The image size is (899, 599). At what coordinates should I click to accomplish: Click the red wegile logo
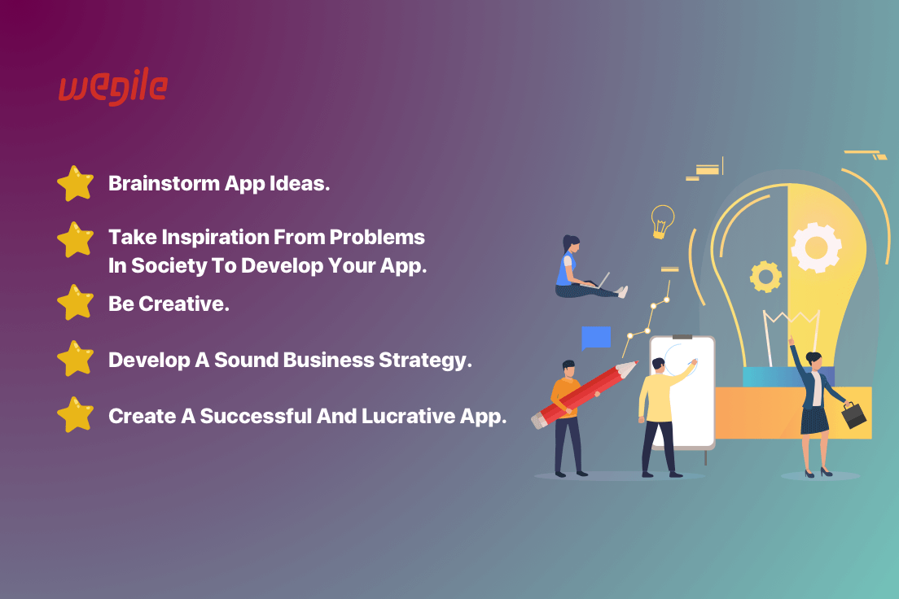113,86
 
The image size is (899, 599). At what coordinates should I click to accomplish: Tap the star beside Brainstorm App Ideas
75,183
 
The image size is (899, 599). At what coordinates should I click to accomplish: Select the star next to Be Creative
75,302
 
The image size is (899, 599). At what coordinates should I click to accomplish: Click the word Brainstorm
164,183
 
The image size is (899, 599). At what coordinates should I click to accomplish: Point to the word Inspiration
215,238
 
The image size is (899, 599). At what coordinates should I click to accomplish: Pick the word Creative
183,304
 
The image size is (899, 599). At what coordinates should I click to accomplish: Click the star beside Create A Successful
75,414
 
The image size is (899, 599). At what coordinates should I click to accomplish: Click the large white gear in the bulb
816,247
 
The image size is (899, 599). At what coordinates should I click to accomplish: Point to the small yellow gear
765,277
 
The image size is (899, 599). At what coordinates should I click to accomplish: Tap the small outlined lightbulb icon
662,221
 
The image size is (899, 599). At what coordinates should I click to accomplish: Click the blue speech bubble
596,338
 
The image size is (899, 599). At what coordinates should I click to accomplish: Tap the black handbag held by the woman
853,414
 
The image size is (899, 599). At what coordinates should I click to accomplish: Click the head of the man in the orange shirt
568,369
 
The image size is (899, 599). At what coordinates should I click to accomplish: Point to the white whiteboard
682,392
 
